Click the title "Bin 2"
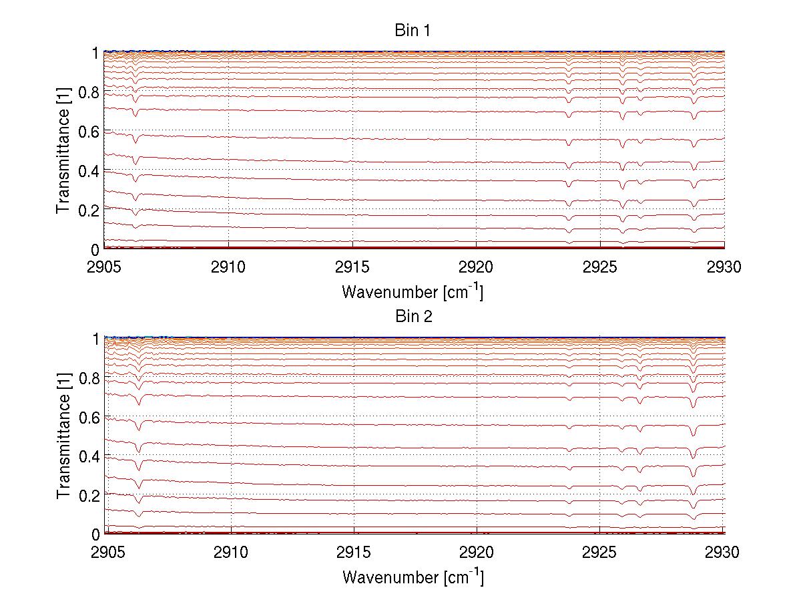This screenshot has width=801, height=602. point(413,317)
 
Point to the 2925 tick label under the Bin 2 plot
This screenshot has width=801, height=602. point(600,552)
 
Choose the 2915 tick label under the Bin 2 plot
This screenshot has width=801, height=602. point(353,552)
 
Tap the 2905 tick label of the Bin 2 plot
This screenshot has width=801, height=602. point(106,552)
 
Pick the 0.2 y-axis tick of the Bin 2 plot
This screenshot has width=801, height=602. point(88,495)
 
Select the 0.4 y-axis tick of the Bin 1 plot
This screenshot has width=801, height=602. point(88,171)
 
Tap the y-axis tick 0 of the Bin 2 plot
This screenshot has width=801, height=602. point(95,535)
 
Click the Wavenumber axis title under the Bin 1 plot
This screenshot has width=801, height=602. point(413,291)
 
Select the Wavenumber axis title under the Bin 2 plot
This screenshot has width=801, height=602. point(413,577)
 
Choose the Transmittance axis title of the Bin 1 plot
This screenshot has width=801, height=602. point(63,151)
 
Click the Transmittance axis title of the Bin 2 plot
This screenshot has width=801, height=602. point(63,437)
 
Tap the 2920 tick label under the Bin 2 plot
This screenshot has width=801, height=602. point(477,552)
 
